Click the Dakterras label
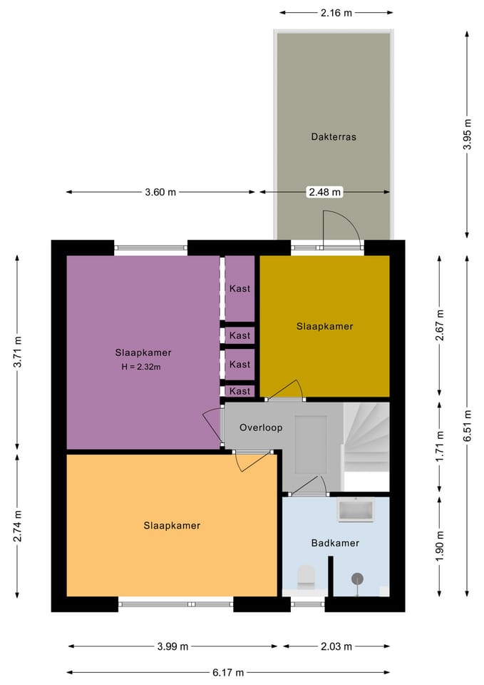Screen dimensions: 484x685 tap(334, 137)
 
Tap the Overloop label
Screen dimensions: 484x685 tap(261, 427)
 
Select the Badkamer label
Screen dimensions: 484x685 tap(335, 543)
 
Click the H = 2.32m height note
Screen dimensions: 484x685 tap(141, 367)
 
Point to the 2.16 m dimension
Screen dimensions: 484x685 tap(336, 13)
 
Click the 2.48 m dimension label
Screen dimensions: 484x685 tap(325, 192)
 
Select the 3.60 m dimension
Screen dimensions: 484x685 tap(160, 192)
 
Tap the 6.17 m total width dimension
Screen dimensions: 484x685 tap(228, 672)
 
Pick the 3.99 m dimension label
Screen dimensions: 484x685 tap(173, 646)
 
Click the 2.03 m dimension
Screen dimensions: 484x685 tap(336, 646)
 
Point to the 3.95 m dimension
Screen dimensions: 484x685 tap(467, 134)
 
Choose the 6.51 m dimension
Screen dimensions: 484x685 tap(467, 425)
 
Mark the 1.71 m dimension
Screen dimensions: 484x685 tap(440, 446)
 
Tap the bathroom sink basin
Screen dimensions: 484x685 tap(356, 509)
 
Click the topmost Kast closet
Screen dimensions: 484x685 tap(240, 288)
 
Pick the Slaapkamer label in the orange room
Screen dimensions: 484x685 tap(172, 526)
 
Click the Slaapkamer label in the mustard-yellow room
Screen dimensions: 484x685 tap(325, 326)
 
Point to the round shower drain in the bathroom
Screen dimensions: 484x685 tap(357, 579)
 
